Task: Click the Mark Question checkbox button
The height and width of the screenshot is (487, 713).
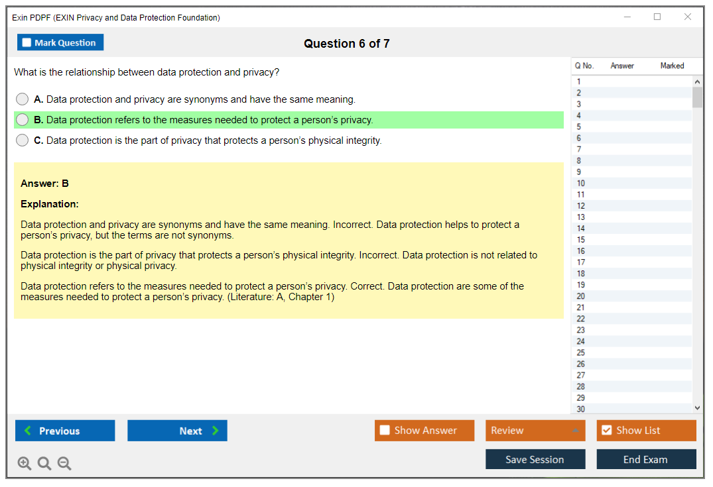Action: (60, 42)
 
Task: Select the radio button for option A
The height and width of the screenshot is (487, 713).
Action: (23, 99)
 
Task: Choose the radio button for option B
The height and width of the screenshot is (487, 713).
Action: (23, 119)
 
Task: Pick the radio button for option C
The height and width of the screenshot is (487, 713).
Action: (23, 140)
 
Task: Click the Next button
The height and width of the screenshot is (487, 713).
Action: (177, 431)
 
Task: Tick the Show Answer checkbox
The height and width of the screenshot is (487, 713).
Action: (385, 430)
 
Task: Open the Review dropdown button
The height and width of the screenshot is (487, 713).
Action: (535, 431)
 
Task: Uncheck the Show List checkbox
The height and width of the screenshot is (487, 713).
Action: (607, 430)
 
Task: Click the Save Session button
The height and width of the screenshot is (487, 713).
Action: (535, 459)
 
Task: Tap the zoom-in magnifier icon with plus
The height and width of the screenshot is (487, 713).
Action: (25, 463)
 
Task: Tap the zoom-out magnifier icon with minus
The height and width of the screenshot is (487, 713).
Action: (64, 463)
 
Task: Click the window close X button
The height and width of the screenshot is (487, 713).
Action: (688, 17)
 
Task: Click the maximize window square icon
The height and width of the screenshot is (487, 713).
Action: (657, 17)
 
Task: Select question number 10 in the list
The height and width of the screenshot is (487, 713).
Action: (580, 183)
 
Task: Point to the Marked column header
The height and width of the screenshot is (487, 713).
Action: (672, 66)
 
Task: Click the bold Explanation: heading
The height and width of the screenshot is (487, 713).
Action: (50, 204)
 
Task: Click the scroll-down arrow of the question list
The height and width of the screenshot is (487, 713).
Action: (698, 408)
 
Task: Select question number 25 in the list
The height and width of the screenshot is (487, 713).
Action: (580, 352)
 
